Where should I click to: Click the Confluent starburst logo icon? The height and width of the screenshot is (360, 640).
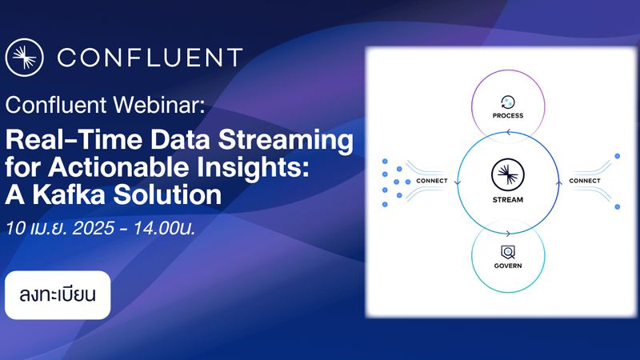tap(24, 58)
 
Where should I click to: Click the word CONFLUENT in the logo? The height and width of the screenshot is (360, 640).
tap(150, 58)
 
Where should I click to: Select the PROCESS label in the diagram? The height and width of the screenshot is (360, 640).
tap(508, 116)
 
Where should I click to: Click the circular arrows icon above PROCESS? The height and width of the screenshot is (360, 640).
tap(507, 101)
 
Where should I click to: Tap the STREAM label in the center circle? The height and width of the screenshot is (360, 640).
tap(507, 199)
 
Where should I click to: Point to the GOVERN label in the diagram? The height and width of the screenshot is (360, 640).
tap(507, 265)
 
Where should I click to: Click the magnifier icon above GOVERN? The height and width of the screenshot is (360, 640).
tap(507, 250)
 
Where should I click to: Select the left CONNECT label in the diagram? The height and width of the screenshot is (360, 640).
tap(431, 181)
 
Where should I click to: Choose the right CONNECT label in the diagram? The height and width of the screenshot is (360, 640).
tap(584, 181)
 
